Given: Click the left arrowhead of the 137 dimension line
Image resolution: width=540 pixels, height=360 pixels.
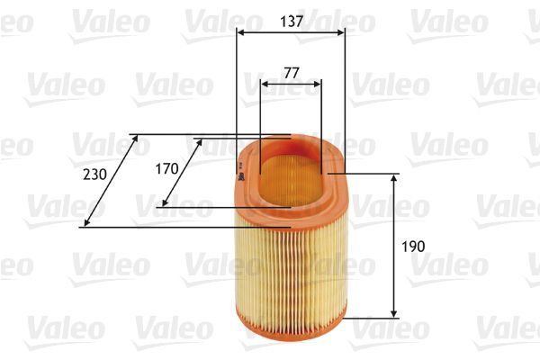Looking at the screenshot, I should click(x=239, y=33).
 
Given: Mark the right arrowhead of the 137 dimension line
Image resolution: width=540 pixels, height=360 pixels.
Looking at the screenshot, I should click(x=342, y=33).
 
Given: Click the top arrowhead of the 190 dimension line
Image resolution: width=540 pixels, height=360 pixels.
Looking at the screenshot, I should click(x=394, y=178).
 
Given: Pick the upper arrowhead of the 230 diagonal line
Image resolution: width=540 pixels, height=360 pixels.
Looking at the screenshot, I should click(x=134, y=139).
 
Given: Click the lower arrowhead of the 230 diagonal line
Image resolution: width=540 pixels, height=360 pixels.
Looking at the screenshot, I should click(x=85, y=224).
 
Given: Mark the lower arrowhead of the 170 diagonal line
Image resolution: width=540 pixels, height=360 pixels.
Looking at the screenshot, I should click(x=163, y=203).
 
